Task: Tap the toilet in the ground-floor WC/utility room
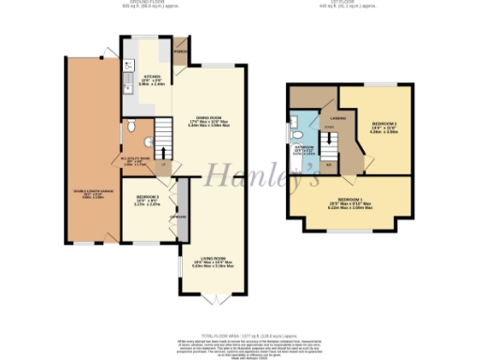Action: (x=132, y=125)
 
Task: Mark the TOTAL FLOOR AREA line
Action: (x=239, y=332)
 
